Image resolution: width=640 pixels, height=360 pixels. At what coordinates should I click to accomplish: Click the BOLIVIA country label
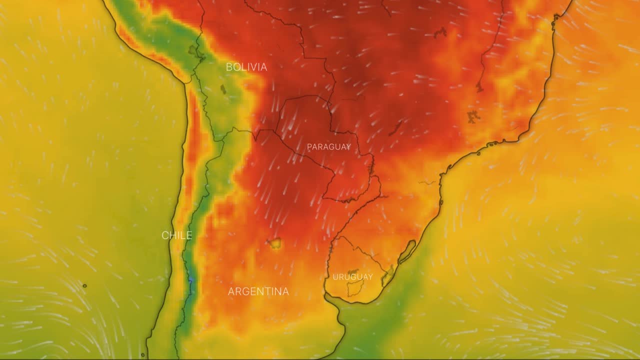pos(246,67)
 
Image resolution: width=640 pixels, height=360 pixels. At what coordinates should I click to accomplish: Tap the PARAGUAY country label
pos(328,147)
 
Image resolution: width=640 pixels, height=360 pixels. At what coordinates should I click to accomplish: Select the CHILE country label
pos(176,235)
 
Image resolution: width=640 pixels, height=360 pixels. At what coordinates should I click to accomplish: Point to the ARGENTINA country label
pos(258,291)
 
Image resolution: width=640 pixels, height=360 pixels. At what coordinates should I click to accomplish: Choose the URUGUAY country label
pos(352,277)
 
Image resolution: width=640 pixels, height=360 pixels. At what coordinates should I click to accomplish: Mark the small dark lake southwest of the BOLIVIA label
pos(223,89)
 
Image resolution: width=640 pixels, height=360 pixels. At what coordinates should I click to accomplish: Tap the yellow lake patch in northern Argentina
pos(274,243)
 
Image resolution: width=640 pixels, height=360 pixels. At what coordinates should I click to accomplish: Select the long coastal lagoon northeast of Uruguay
pos(407,251)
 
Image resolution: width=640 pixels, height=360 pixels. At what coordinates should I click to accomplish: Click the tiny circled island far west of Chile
pos(84,286)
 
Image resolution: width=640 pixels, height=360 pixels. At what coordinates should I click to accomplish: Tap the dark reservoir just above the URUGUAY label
pos(353,271)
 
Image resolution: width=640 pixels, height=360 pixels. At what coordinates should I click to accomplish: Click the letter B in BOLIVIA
pos(229,67)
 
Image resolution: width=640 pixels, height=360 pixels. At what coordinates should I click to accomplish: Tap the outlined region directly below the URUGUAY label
pos(355,288)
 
